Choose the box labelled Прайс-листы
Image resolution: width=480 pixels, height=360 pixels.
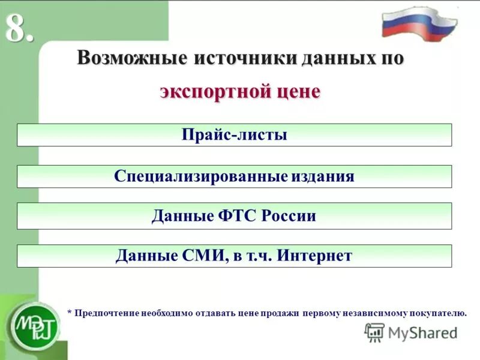pos(234,135)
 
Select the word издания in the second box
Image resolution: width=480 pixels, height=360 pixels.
pos(323,176)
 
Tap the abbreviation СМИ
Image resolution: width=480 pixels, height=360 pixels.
pos(203,256)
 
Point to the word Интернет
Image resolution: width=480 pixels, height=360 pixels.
pos(314,256)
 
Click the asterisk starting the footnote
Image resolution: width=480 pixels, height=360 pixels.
pos(69,313)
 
